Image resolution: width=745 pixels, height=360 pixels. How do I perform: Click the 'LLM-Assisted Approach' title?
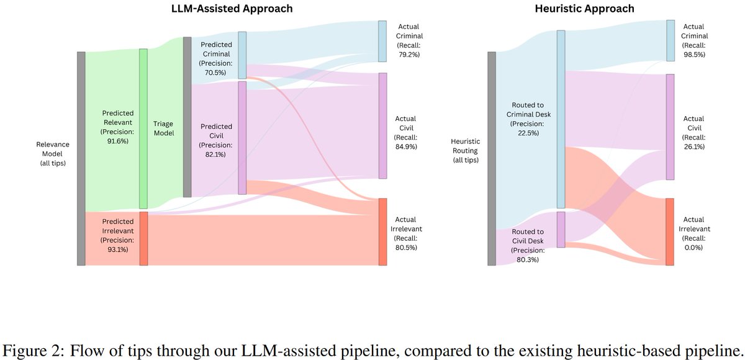(232, 9)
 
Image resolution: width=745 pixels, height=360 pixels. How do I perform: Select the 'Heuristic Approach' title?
(576, 9)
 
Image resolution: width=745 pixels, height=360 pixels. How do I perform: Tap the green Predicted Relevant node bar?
(143, 128)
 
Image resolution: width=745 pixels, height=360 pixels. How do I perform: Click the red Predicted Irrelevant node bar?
(143, 238)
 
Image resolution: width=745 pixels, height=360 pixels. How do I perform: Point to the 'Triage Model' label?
(163, 128)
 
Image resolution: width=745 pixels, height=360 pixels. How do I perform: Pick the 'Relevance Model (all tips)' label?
(53, 153)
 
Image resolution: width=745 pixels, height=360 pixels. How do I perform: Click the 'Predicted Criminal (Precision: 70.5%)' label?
(215, 58)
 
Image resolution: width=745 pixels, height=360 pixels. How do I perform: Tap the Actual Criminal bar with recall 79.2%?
(382, 41)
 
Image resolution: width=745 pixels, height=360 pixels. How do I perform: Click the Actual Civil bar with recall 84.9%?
(382, 126)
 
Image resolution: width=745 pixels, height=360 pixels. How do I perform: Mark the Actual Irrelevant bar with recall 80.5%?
(382, 232)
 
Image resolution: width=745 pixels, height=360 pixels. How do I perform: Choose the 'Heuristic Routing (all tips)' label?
(465, 151)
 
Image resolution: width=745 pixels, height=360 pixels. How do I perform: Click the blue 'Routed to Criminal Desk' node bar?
(561, 119)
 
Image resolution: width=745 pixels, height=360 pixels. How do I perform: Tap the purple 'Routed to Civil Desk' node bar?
(561, 230)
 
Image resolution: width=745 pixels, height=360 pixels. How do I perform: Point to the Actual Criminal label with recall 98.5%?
(695, 41)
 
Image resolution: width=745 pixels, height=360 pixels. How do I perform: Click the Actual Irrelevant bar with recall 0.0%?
(670, 232)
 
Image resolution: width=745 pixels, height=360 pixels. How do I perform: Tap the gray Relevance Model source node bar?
(81, 158)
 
